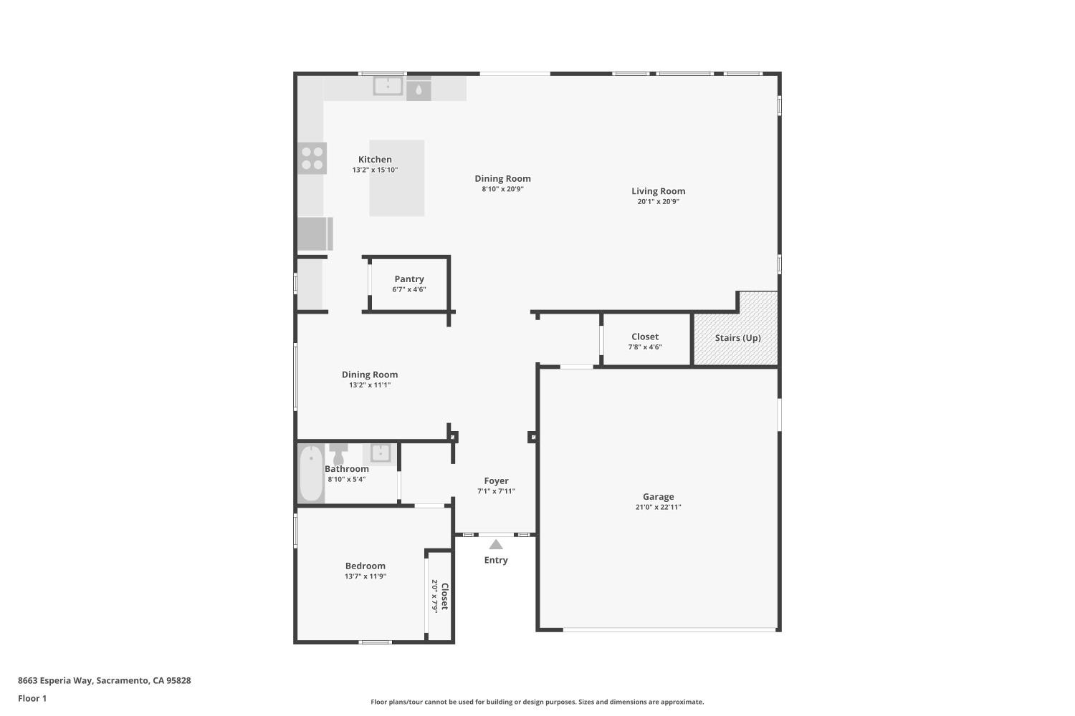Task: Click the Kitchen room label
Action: (375, 160)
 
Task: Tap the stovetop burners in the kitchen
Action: (312, 158)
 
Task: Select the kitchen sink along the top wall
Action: (388, 86)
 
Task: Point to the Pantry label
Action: (408, 279)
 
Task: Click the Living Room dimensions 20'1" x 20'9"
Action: (658, 202)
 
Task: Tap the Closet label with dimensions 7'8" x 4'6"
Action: (645, 337)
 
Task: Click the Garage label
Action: (658, 496)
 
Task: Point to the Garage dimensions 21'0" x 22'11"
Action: (658, 507)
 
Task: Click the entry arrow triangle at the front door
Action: (496, 544)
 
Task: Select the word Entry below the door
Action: (496, 560)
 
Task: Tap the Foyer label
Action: (496, 481)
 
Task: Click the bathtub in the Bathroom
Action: (311, 474)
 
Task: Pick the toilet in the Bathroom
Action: (338, 453)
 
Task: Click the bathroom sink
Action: (380, 453)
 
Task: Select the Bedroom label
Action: (365, 566)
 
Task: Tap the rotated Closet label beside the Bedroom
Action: (444, 596)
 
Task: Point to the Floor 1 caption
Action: (32, 698)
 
